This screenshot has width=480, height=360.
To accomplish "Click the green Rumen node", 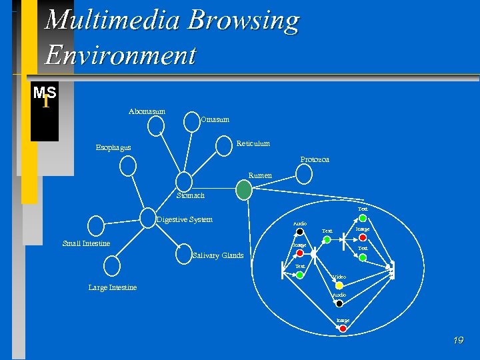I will [x=245, y=190].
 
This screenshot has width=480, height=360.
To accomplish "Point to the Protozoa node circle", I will [x=304, y=174].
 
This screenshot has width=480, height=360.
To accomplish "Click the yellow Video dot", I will [x=339, y=285].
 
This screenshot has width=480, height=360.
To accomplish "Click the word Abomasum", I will [x=147, y=111].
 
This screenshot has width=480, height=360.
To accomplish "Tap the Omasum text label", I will [x=215, y=119].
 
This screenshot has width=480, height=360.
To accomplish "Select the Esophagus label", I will [x=113, y=147].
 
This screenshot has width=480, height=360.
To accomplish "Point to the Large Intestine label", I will [x=112, y=287].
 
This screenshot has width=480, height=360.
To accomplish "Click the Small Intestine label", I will [x=86, y=243].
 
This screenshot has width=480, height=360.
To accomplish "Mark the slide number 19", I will [x=458, y=341].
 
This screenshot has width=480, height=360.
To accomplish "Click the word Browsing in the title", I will [x=243, y=21].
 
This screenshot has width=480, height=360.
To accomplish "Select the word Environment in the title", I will [x=120, y=55].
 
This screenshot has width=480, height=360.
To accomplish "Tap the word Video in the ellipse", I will [x=339, y=277].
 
